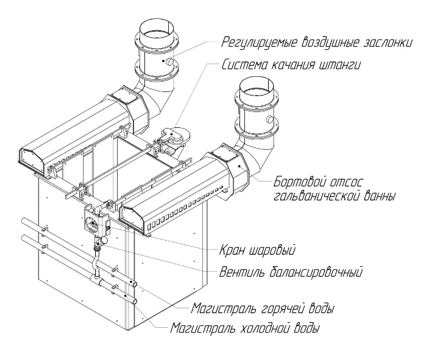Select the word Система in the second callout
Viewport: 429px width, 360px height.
243,63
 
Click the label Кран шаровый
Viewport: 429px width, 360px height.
257,250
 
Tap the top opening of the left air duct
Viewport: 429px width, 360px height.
156,27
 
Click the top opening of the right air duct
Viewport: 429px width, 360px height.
258,89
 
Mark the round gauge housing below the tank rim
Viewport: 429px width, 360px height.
95,224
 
